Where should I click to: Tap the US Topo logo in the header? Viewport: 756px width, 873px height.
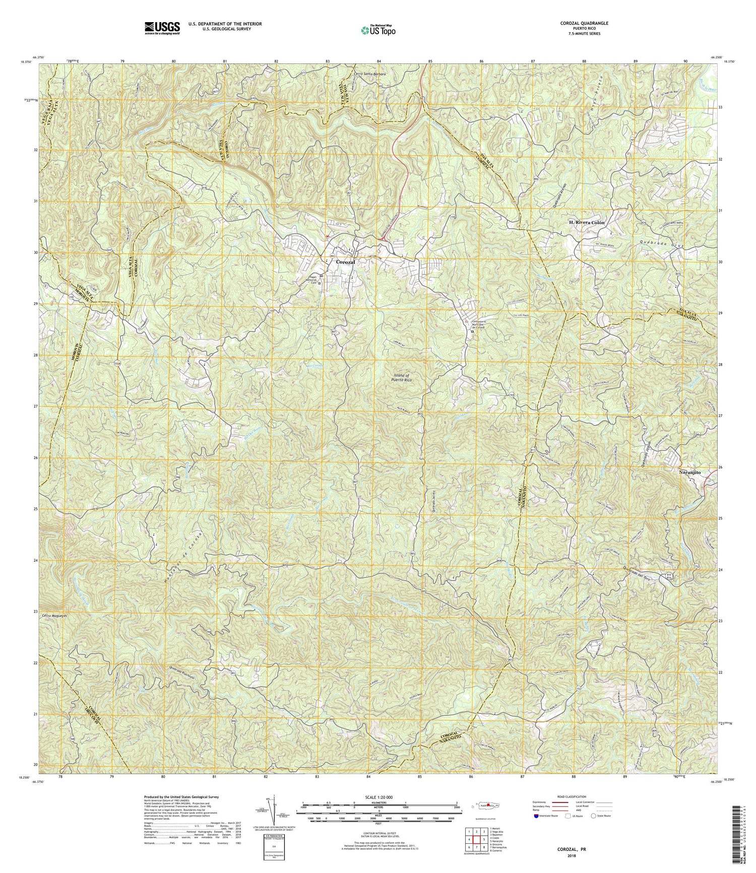point(378,30)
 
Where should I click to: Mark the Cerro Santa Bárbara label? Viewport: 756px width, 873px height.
point(370,74)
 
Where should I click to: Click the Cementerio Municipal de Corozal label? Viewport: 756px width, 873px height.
point(474,324)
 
